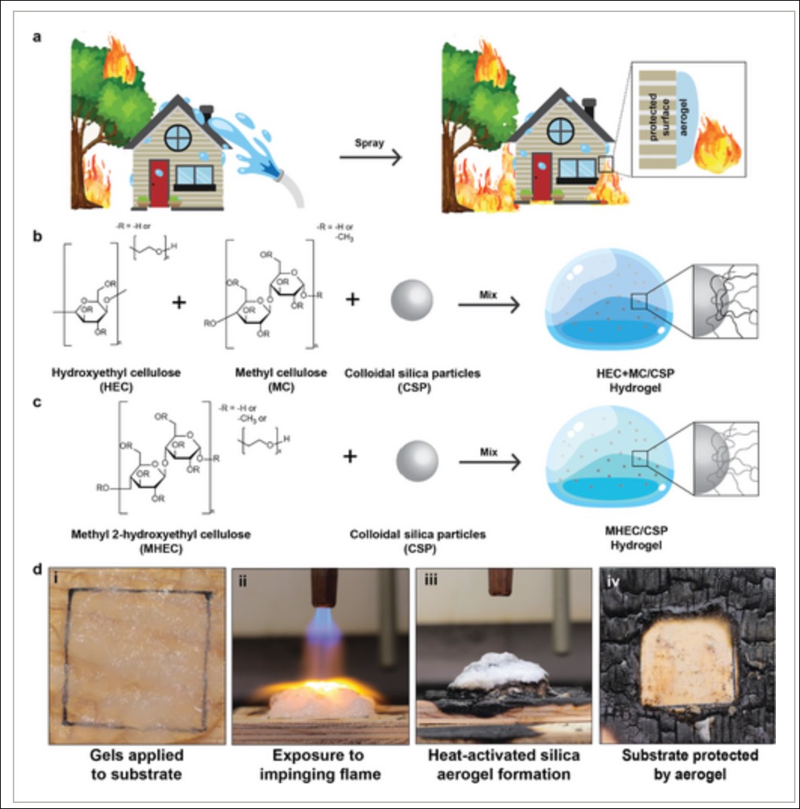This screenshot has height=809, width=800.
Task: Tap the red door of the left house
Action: [159, 182]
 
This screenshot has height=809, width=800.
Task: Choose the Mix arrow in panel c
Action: [490, 461]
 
